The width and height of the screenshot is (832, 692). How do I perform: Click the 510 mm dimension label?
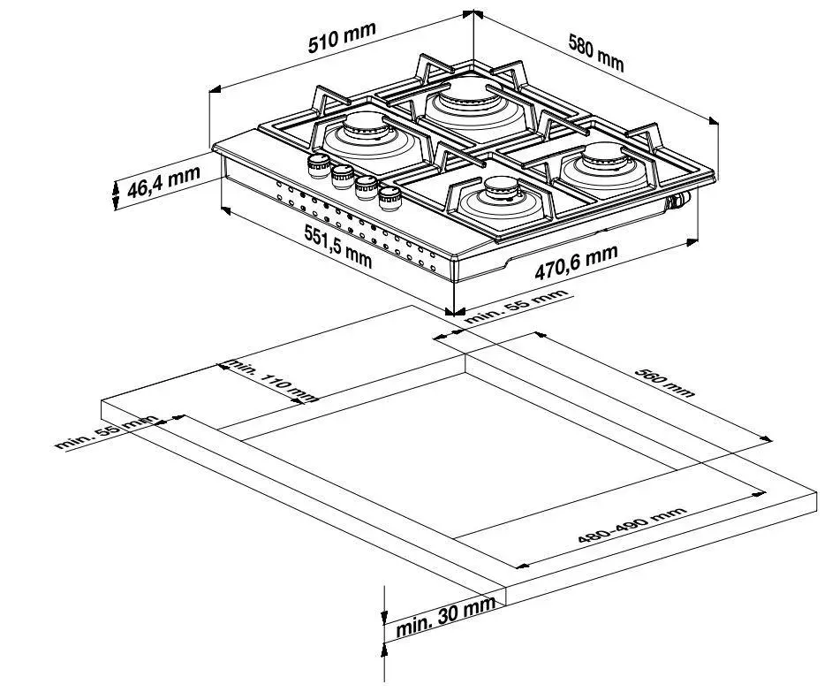pos(342,37)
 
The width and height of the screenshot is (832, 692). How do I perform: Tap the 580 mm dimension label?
pos(596,52)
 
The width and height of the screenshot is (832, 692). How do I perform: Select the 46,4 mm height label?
pos(163,181)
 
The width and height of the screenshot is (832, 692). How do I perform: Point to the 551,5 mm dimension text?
pos(338,246)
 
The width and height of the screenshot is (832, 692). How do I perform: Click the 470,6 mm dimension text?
pos(576,262)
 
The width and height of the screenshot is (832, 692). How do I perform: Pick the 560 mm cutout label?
pos(664,382)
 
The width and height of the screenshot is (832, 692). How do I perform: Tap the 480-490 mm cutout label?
pos(632,525)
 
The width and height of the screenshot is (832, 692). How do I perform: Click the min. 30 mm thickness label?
pos(446,616)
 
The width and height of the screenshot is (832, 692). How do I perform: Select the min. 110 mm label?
pos(272,380)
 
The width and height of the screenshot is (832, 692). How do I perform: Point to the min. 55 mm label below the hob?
pos(516,306)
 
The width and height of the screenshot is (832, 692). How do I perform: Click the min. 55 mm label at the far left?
pos(107,431)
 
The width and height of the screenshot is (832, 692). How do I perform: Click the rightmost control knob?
pos(391,199)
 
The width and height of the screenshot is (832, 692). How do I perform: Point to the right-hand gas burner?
pos(606,164)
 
